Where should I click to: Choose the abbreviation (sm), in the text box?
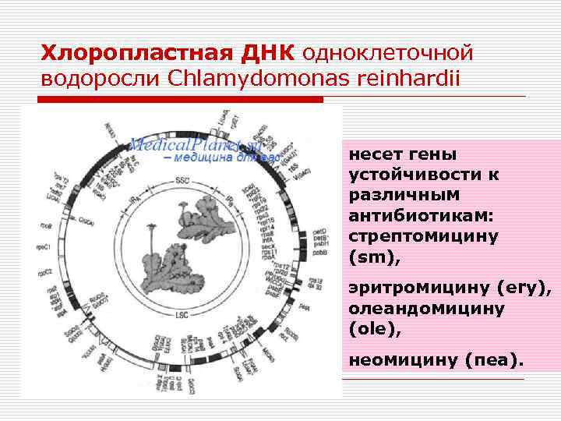[372, 255]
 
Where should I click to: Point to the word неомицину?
[402, 361]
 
